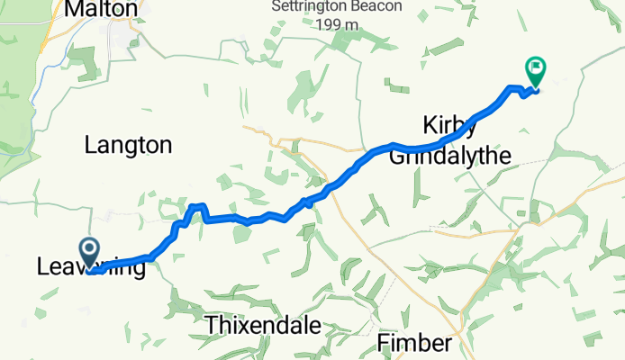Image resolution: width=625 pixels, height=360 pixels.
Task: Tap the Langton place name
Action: click(127, 144)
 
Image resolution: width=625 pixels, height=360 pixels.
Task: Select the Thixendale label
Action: click(263, 325)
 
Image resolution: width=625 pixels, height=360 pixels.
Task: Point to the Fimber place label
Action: click(413, 343)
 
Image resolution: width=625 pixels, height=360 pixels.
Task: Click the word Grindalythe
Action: click(450, 157)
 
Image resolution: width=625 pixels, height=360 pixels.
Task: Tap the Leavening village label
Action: click(91, 267)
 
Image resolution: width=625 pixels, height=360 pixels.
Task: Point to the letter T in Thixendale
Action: click(212, 325)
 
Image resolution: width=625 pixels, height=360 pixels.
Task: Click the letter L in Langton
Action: click(89, 144)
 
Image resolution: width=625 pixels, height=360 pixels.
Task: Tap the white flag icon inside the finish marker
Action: click(537, 66)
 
